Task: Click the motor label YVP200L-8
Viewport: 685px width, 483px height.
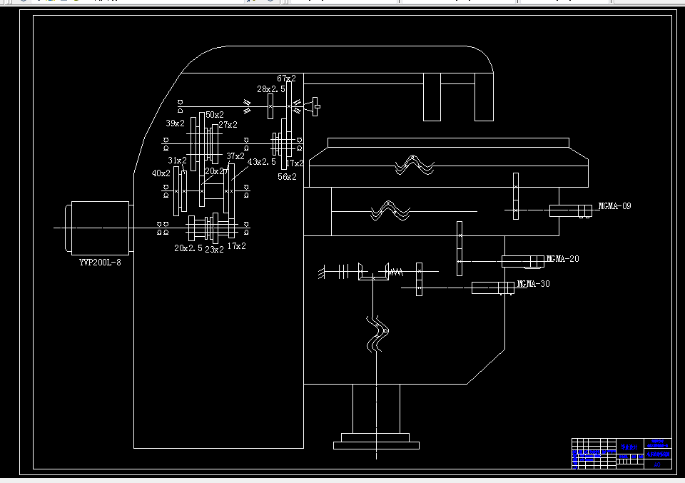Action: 99,263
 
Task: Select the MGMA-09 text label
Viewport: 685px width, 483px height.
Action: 614,206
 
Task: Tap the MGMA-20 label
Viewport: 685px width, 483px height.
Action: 562,258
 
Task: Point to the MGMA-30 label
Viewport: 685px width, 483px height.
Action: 533,283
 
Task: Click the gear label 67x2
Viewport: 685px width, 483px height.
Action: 286,78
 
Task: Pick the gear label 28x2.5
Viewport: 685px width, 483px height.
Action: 271,89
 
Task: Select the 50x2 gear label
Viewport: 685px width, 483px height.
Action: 215,114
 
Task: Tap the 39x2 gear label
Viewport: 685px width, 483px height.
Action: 175,123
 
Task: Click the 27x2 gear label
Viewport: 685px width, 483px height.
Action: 228,125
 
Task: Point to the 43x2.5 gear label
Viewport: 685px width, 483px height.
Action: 262,162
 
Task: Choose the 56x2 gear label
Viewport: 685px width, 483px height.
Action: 287,176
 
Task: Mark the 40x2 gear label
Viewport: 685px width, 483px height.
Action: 161,173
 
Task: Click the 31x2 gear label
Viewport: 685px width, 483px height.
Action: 177,161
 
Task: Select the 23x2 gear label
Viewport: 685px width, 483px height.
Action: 214,249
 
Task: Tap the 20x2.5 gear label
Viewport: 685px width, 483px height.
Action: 188,248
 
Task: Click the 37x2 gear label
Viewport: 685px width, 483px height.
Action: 235,156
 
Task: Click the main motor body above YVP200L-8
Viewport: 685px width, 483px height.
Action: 99,228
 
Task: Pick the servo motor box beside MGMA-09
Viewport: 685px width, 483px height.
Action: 568,210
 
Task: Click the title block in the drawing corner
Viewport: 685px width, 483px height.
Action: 621,452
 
